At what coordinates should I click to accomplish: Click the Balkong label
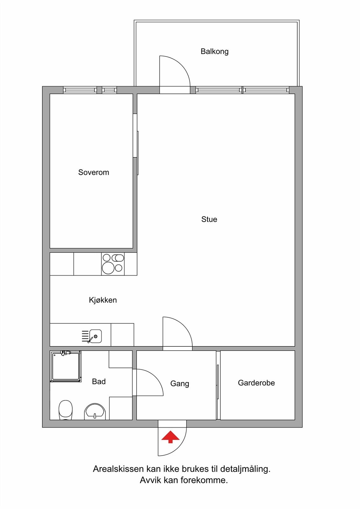tap(214, 52)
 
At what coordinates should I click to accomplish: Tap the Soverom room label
tap(94, 172)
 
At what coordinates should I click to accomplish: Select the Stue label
tap(209, 219)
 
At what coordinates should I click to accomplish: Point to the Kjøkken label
tap(103, 300)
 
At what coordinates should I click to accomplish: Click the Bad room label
tap(99, 381)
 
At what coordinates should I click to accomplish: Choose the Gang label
tap(180, 384)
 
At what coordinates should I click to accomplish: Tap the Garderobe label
tap(256, 383)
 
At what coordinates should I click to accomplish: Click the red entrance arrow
tap(170, 437)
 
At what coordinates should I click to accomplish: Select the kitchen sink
tap(95, 336)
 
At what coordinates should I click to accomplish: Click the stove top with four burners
tap(113, 264)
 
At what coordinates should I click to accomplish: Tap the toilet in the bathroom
tap(66, 410)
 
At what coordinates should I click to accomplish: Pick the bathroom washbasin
tap(95, 412)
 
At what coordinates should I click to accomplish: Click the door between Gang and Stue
tap(178, 332)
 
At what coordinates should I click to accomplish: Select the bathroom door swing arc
tap(150, 382)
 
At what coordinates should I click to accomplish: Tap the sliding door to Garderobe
tap(218, 382)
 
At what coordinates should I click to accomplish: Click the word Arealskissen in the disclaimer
tap(118, 469)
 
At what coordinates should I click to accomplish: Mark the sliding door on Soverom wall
tap(138, 153)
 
